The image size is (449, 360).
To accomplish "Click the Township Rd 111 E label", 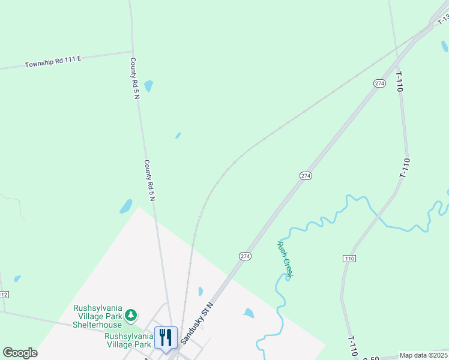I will (53, 61).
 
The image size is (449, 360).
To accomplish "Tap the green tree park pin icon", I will (130, 315).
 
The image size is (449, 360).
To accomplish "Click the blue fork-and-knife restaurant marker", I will (166, 338).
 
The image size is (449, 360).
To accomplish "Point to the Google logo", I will (20, 353).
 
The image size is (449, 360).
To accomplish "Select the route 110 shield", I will (349, 258).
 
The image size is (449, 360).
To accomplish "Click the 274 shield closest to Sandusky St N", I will (245, 256).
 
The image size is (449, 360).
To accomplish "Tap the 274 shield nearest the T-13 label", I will (379, 83).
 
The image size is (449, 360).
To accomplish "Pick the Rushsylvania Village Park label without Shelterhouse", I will (128, 340).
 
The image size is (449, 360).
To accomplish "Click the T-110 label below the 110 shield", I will (354, 345).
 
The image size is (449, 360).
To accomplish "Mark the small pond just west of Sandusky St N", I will (200, 292).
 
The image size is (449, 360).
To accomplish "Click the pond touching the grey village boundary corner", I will (126, 206).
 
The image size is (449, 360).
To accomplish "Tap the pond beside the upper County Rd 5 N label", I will (148, 86).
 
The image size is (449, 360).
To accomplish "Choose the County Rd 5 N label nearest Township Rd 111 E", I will (135, 78).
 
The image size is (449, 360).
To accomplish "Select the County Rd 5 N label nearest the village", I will (150, 180).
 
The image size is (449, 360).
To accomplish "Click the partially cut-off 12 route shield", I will (4, 294).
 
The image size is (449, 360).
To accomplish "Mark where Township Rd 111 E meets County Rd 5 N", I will (132, 52).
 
